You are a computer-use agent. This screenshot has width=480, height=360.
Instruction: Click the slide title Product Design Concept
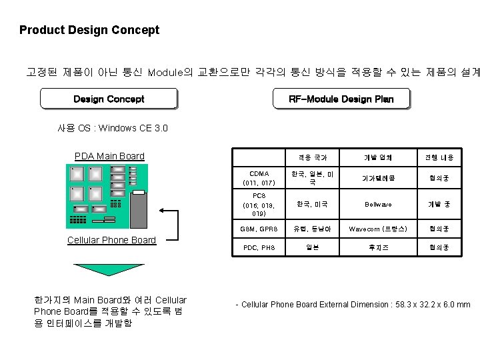[89, 30]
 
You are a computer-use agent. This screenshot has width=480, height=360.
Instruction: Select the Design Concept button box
[109, 99]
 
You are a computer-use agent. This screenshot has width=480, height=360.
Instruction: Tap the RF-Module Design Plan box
[341, 99]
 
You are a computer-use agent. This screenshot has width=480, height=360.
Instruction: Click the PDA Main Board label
[109, 157]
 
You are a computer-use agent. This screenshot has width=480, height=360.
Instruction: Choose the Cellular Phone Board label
[112, 240]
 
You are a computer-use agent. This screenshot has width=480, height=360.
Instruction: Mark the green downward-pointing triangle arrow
[107, 267]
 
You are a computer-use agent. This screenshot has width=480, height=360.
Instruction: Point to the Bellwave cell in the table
[378, 205]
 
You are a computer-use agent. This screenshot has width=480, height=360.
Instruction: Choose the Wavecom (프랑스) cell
[378, 229]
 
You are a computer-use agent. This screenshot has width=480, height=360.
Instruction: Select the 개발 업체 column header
[378, 158]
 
